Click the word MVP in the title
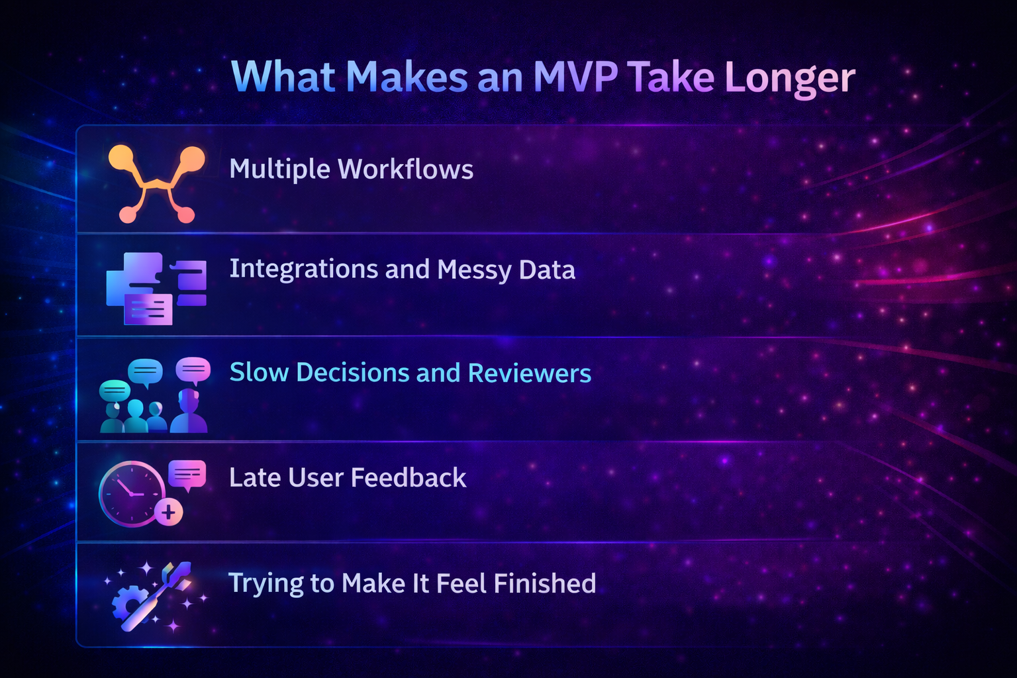click(x=575, y=77)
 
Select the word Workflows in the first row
click(x=405, y=169)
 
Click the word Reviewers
click(x=529, y=373)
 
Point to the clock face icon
click(x=131, y=493)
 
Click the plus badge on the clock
click(x=169, y=512)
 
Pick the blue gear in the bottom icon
click(x=126, y=604)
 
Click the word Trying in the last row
click(x=266, y=584)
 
